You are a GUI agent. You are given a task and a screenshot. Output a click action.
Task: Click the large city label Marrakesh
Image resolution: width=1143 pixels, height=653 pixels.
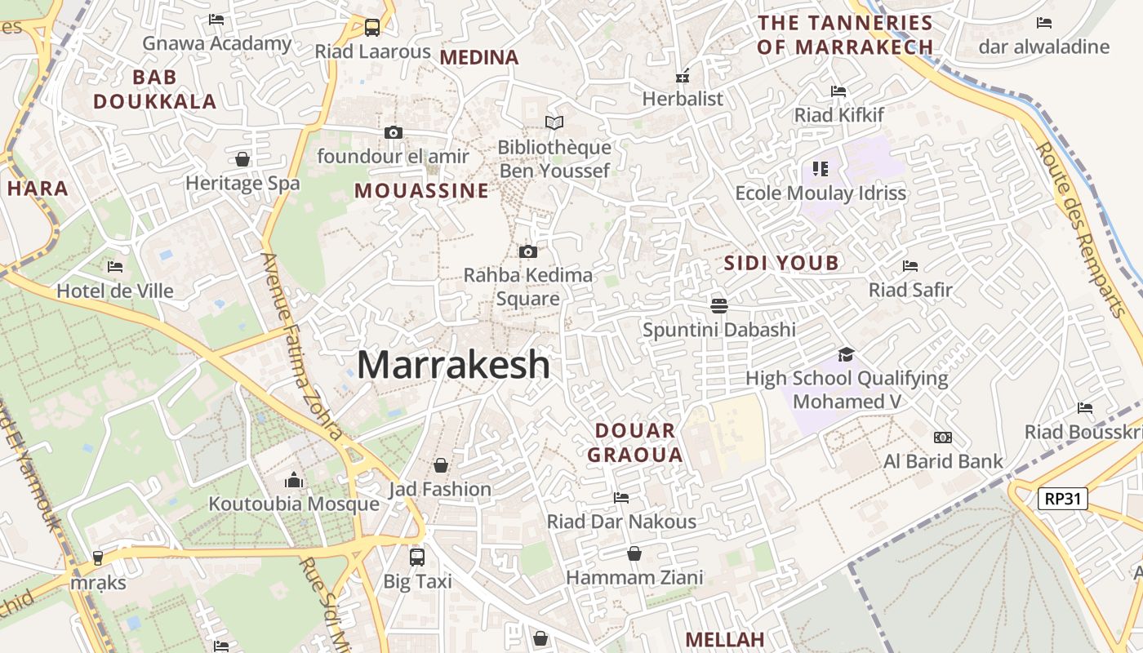(x=453, y=364)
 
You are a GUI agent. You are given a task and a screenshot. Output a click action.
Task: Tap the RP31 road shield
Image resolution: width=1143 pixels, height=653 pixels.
(x=1063, y=498)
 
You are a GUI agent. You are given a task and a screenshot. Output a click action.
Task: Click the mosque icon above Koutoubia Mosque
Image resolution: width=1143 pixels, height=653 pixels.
(x=293, y=479)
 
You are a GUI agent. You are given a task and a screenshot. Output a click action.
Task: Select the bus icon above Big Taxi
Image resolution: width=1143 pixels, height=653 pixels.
(x=417, y=557)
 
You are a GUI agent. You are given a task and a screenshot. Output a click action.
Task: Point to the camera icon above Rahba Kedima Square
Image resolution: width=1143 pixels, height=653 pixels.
(x=528, y=251)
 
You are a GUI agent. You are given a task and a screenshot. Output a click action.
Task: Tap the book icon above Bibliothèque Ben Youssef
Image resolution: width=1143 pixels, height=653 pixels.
(x=554, y=122)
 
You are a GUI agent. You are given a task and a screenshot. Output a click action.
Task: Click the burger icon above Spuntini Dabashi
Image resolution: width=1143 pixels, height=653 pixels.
(x=719, y=305)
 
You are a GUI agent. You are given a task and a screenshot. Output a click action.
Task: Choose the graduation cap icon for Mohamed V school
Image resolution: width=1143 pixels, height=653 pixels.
(x=846, y=354)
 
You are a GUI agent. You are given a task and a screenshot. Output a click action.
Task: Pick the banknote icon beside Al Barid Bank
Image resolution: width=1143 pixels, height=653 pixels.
(x=943, y=438)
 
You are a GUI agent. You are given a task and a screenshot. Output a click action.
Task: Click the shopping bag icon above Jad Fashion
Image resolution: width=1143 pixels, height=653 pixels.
(x=441, y=465)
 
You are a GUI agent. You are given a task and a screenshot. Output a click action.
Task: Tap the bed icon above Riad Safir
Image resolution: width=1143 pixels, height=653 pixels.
(x=910, y=265)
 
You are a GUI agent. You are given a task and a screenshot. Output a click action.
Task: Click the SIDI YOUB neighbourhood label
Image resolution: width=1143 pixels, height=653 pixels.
(x=781, y=263)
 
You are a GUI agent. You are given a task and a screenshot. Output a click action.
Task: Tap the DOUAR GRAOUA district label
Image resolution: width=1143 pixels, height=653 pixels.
(x=635, y=442)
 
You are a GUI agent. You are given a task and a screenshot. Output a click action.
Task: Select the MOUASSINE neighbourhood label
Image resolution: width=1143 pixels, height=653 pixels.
(x=421, y=191)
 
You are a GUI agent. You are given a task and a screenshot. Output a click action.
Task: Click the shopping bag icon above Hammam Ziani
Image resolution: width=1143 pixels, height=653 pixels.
(x=634, y=553)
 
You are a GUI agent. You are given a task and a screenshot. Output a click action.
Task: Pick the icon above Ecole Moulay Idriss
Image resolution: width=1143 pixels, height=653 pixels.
(x=821, y=169)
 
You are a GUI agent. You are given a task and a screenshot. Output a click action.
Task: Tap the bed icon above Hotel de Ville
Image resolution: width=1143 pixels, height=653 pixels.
(x=115, y=266)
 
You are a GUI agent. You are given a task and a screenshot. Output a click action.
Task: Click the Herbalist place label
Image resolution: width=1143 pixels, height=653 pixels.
(x=683, y=99)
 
